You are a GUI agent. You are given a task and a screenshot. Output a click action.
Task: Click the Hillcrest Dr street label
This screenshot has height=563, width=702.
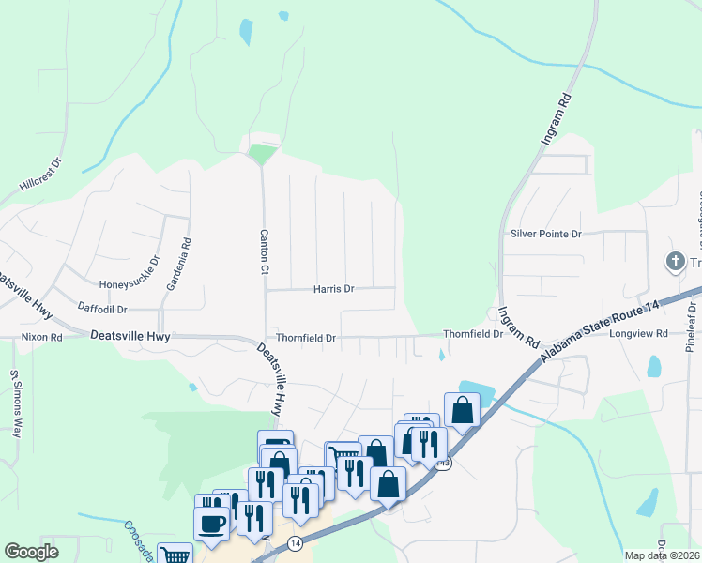39,175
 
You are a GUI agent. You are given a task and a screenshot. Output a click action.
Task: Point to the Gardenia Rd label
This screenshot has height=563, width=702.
186,255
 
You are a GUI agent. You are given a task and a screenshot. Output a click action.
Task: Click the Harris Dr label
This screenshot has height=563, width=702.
334,289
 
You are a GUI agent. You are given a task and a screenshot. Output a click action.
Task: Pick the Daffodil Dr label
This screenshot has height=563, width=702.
102,309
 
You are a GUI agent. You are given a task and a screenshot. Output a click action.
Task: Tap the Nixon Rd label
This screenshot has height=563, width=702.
42,336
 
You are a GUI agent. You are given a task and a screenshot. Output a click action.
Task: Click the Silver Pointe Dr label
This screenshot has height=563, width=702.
546,233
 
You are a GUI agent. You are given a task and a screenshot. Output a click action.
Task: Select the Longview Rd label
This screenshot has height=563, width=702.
638,333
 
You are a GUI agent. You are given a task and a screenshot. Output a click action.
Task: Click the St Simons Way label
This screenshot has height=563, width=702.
15,403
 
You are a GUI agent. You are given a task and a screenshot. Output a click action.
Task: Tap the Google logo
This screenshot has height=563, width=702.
31,552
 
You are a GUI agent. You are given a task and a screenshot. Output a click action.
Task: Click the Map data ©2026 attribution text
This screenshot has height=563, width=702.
661,555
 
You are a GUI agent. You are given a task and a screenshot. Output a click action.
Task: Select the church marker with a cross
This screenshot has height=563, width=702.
675,262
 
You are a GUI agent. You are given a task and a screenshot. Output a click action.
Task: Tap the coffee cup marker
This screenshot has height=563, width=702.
211,523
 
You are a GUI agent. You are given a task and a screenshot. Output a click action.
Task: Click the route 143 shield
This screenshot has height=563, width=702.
444,464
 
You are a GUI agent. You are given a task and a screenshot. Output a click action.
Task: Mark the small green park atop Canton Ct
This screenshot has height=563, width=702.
264,152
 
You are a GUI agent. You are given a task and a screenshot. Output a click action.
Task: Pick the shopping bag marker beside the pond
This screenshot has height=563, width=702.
462,409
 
